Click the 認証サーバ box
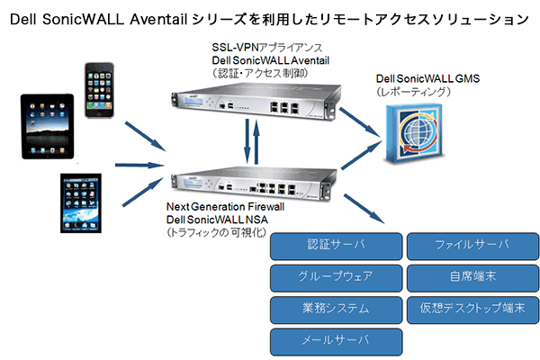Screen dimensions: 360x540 (334, 245)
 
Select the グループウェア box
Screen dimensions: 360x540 (334, 276)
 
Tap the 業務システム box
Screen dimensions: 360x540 (334, 308)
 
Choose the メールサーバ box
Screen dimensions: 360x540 (334, 340)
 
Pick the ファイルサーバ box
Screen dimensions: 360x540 (472, 245)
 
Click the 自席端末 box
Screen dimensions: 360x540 (472, 276)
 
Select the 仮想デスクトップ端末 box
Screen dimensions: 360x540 (472, 308)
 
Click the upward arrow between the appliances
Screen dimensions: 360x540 (257, 140)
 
